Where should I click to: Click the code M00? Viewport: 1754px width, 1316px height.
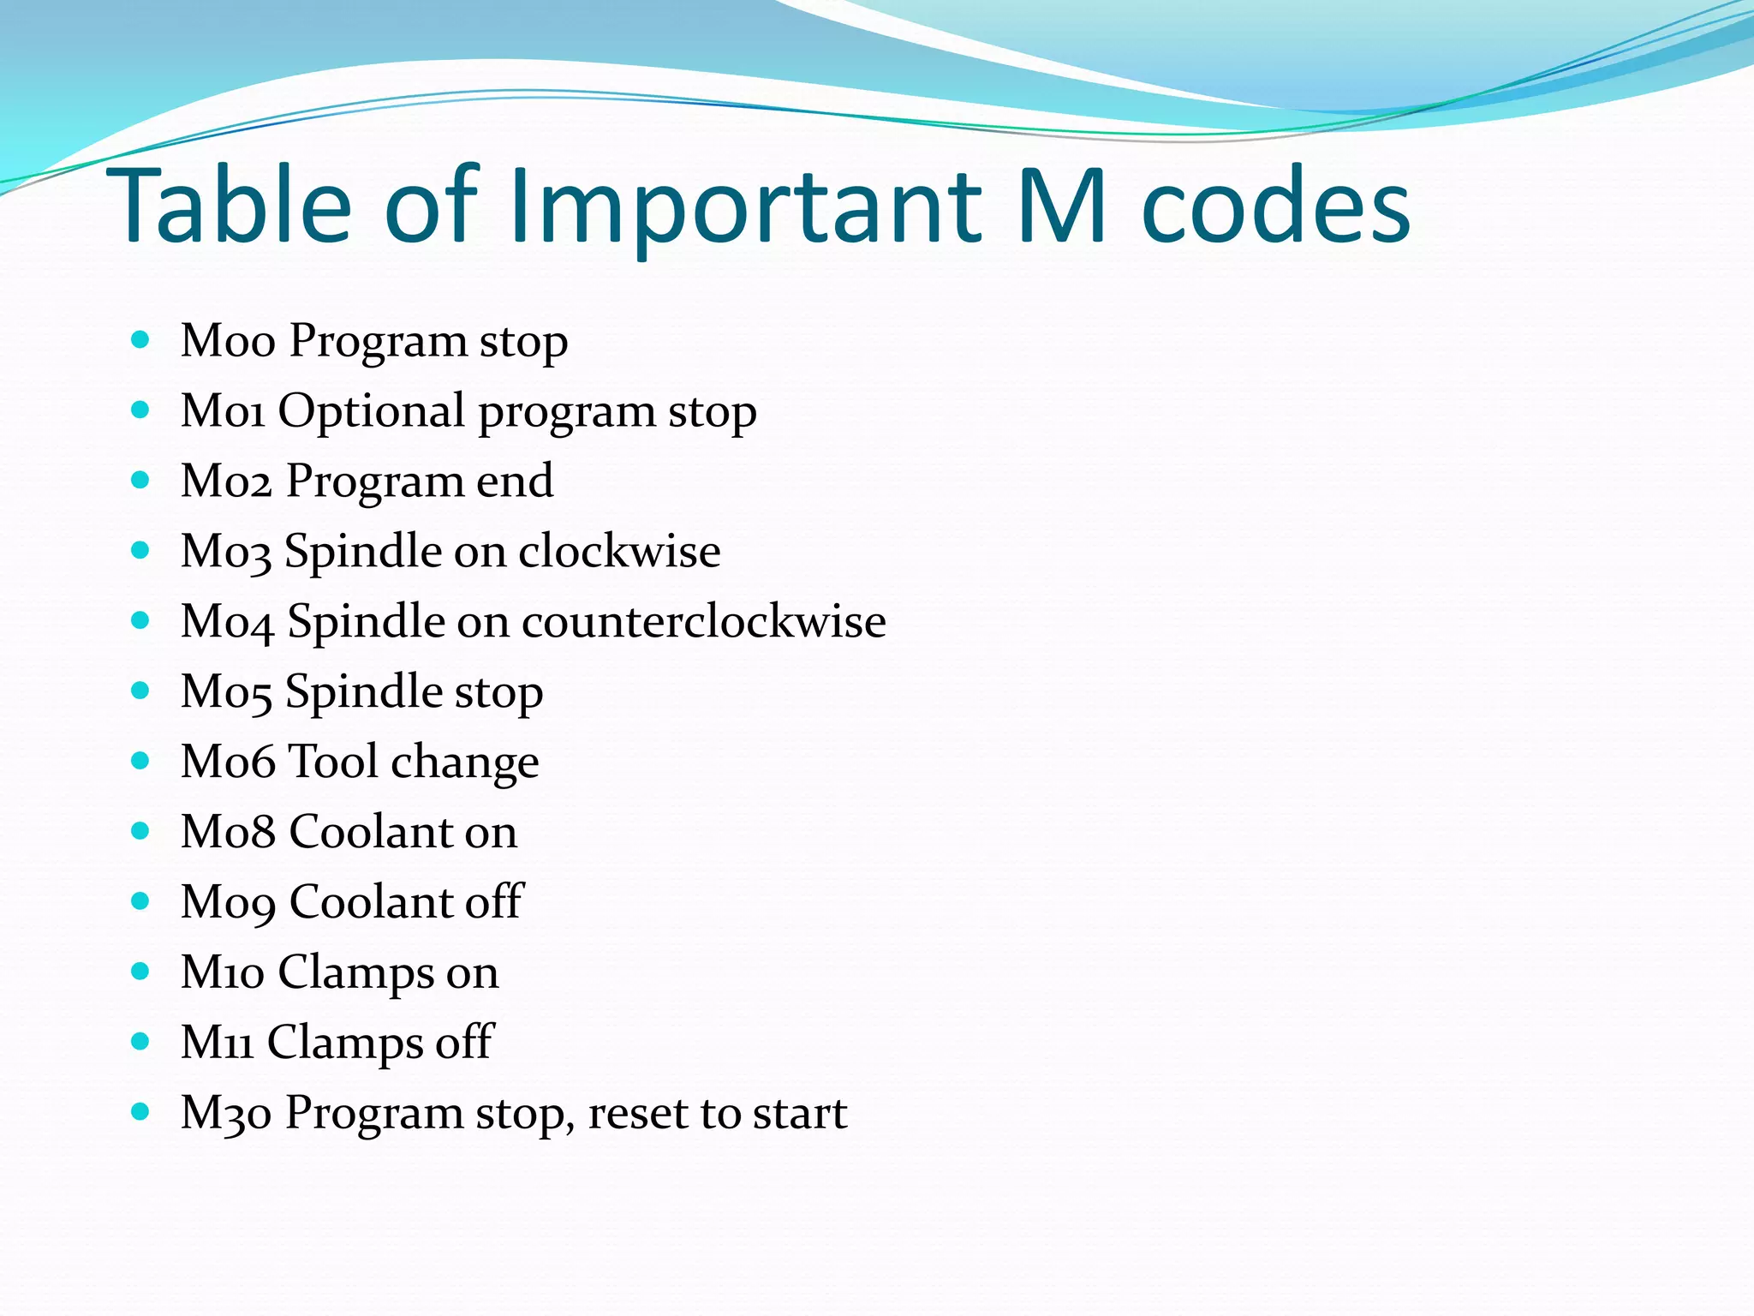point(228,341)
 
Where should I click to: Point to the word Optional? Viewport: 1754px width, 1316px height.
point(371,412)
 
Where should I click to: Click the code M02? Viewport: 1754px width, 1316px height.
point(226,482)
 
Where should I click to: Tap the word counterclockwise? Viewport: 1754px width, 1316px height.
point(703,621)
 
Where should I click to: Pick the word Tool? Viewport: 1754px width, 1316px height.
point(333,762)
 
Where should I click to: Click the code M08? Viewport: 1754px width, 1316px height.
point(228,832)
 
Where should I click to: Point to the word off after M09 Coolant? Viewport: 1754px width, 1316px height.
point(493,902)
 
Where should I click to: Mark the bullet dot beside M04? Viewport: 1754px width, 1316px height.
point(140,620)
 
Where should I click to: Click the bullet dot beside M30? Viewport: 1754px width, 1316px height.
point(140,1112)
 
